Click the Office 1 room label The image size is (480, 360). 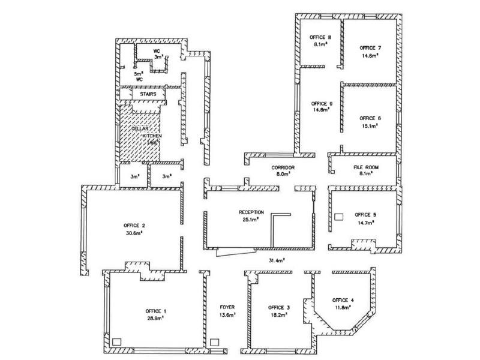coord(156,310)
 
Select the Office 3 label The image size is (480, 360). coord(279,307)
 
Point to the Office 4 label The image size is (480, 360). coord(343,300)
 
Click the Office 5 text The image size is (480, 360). coord(365,214)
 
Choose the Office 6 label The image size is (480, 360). coord(370,118)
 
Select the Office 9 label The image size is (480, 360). coord(322,103)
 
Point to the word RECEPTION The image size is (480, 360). coord(251,212)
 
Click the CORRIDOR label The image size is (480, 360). coord(282,167)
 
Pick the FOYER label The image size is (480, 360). coord(227,307)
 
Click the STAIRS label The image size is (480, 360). coord(148,95)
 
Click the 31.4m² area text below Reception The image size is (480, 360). coord(276,260)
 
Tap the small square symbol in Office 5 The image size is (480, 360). coord(338,216)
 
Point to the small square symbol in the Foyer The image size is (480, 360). coord(215,343)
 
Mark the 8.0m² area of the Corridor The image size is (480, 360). coord(282,174)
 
